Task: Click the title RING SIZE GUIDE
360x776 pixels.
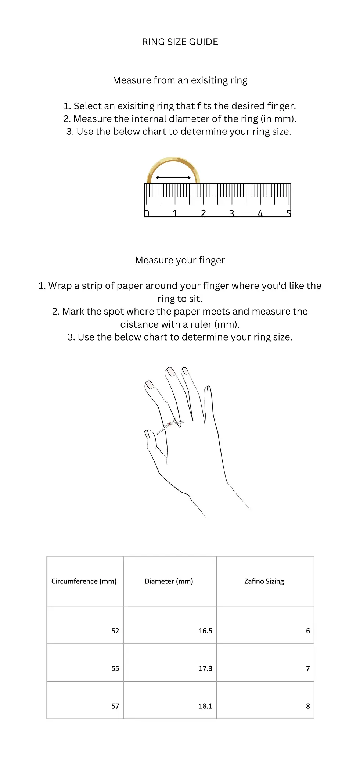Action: coord(180,42)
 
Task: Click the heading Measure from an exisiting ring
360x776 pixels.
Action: coord(180,80)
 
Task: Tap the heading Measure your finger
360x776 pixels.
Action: coord(180,260)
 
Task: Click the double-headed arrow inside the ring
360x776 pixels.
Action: coord(173,178)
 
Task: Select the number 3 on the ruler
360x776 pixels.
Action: coord(232,213)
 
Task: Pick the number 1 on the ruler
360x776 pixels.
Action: coord(175,213)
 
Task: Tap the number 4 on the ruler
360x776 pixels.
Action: coord(260,213)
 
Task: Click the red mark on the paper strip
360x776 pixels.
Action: coord(170,424)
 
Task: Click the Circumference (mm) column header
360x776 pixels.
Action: coord(84,581)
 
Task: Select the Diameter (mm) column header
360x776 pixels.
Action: coord(169,581)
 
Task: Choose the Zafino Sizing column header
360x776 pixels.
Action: coord(264,581)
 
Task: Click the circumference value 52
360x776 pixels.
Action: coord(115,631)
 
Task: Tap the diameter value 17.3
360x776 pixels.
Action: coord(205,668)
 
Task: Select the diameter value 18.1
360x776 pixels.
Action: coord(205,706)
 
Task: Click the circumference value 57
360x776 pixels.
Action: coord(115,706)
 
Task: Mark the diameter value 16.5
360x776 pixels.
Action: coord(205,631)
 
